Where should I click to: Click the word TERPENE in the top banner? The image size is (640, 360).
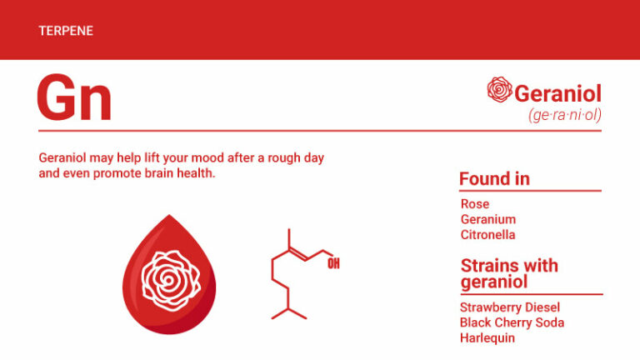65,31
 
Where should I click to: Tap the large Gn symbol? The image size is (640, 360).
73,98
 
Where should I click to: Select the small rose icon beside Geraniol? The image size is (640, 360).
499,90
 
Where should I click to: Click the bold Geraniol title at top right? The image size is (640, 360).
557,93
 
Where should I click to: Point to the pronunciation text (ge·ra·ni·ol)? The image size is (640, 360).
564,115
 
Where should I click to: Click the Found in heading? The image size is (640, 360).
494,179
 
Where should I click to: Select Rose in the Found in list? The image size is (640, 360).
475,204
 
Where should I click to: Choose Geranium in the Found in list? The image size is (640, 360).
488,219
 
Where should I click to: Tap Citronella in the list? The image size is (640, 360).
488,234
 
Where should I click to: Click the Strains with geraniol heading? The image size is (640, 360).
509,273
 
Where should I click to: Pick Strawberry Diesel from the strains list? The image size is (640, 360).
509,307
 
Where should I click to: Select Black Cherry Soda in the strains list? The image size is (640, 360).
512,322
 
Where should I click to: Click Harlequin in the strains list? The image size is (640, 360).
487,337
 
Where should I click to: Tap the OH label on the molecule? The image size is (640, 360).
333,264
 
